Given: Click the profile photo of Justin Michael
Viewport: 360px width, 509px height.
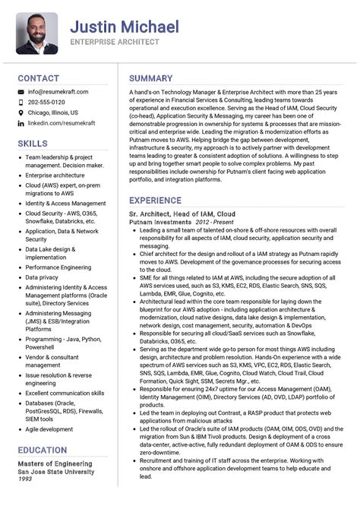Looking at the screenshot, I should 36,33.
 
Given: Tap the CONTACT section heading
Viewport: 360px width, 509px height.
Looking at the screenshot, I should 38,78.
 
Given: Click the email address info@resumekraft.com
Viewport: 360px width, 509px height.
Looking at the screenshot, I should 58,92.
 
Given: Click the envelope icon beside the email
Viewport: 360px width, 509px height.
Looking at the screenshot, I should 21,92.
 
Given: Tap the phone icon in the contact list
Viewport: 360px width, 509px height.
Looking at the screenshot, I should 21,102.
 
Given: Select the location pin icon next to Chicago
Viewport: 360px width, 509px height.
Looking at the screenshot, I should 21,112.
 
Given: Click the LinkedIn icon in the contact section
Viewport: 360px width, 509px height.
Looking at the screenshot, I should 21,122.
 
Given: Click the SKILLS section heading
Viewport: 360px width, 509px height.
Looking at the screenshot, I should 33,143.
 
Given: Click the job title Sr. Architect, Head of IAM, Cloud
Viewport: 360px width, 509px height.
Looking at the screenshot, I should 182,214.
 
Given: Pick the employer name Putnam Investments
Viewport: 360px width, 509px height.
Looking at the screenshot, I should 160,222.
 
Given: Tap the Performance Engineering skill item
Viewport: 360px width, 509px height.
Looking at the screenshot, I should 58,267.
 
